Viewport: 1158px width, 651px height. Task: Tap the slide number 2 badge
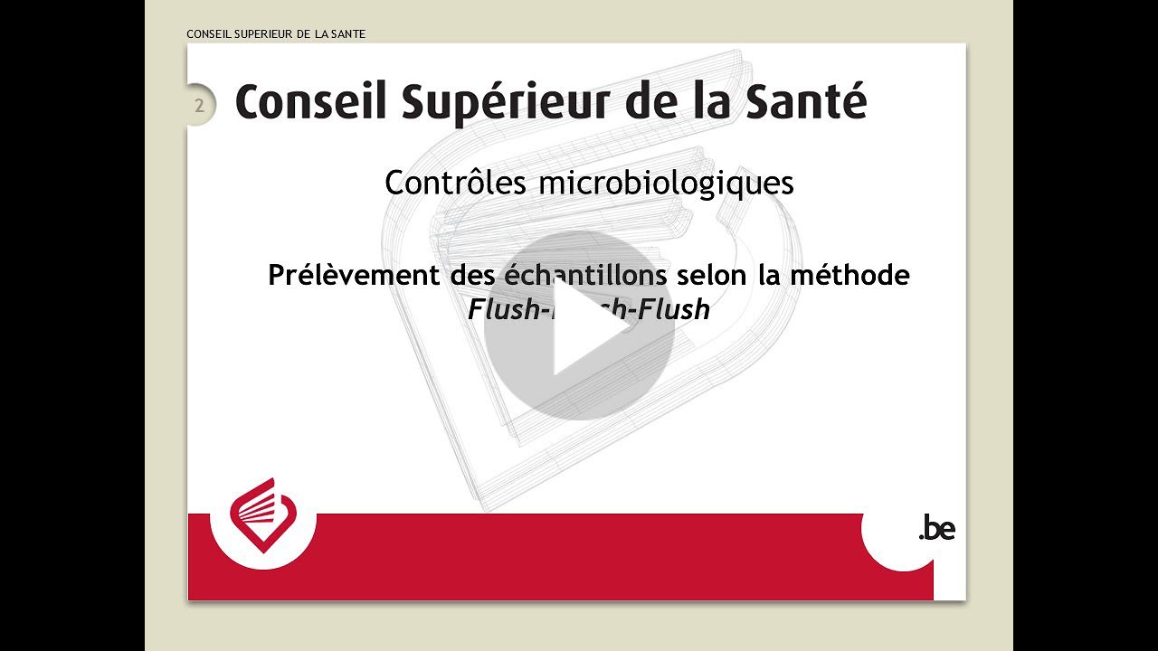tap(199, 106)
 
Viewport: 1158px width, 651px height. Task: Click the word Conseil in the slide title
tap(310, 101)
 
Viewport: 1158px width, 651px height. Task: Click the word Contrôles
tap(456, 183)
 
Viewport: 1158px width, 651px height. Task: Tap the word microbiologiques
tap(666, 184)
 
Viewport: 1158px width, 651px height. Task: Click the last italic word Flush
tap(673, 310)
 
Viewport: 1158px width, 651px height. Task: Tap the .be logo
tap(936, 528)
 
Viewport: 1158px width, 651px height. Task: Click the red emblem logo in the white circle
tap(262, 515)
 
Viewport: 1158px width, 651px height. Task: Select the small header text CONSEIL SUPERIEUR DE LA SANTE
tap(276, 34)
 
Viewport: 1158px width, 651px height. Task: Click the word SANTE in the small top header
tap(348, 34)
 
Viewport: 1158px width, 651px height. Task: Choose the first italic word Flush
tap(499, 310)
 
